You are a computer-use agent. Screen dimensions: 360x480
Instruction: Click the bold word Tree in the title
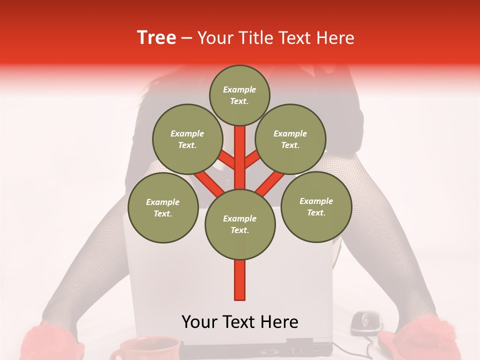point(156,37)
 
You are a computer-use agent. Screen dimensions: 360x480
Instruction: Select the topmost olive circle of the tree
point(239,95)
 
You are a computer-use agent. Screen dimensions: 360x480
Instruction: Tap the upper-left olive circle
point(187,139)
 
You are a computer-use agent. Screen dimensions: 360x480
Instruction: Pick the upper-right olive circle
point(290,139)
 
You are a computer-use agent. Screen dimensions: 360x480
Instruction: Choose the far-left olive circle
point(163,208)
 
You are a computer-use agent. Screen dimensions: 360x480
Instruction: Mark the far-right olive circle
point(316,206)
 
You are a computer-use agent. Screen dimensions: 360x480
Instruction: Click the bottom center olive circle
point(240,224)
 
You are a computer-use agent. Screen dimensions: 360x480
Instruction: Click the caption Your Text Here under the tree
point(240,322)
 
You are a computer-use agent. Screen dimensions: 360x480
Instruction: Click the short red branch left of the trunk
point(226,160)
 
